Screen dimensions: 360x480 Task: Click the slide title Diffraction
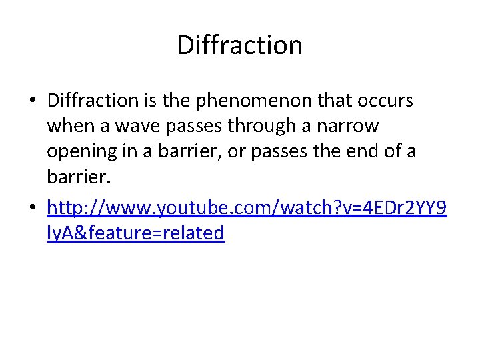(240, 45)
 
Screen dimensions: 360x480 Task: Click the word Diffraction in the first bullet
(92, 101)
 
